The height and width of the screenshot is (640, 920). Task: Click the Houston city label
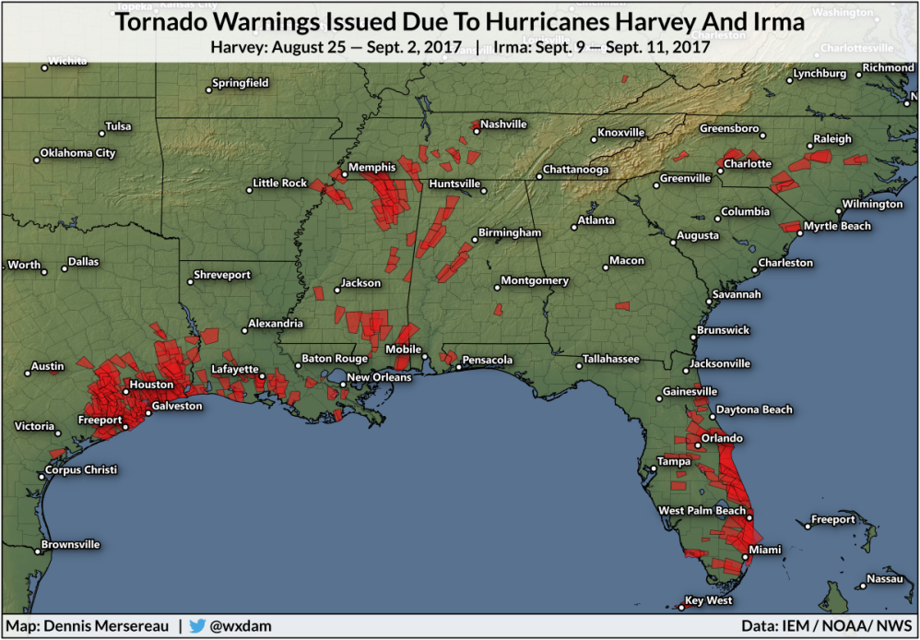point(151,385)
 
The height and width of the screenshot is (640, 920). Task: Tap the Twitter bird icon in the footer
point(196,625)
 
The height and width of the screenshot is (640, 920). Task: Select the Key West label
point(708,601)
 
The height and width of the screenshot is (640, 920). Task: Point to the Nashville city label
point(503,124)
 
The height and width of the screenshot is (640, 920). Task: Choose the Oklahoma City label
point(79,153)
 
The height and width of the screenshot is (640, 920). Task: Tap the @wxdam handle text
point(241,625)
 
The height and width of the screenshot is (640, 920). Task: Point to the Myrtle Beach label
point(837,226)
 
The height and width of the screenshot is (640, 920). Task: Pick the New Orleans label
point(378,377)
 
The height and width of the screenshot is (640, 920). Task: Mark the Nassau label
point(884,579)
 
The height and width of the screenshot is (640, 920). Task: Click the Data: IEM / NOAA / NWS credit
point(827,625)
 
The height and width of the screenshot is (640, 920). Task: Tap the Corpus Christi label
point(81,470)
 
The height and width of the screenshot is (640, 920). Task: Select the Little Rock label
point(280,184)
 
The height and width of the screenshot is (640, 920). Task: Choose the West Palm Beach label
point(702,511)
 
